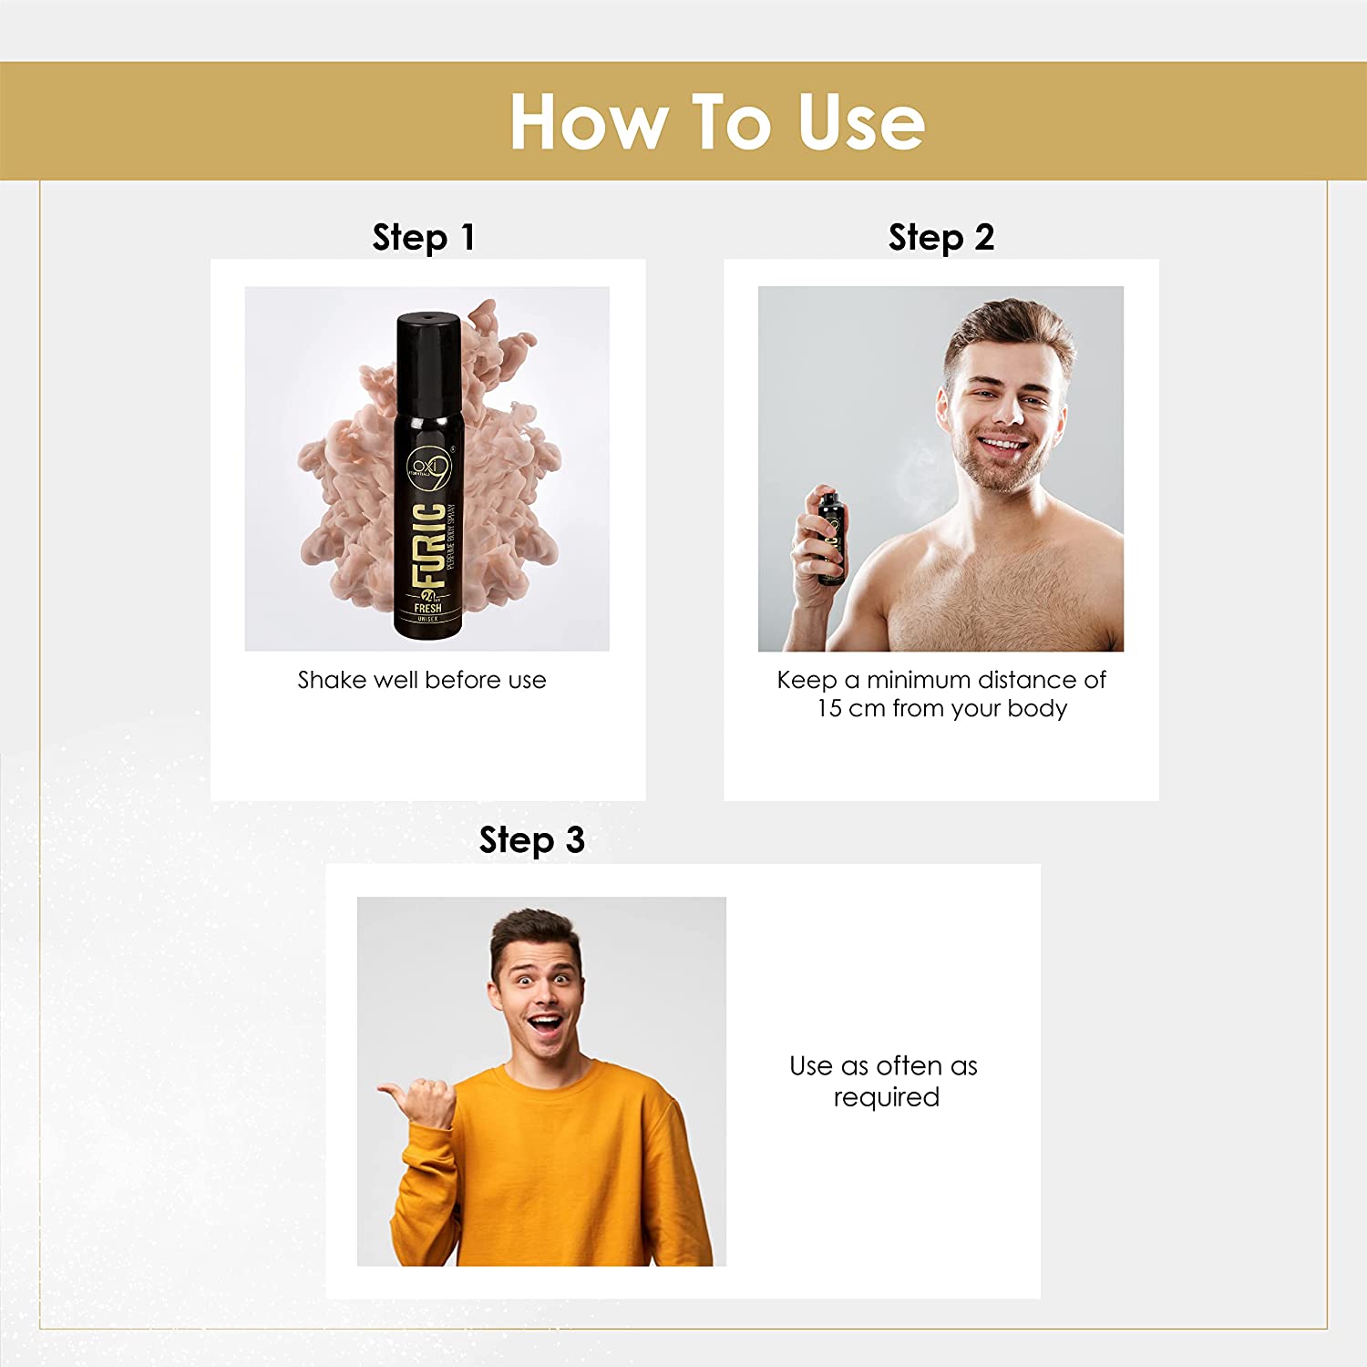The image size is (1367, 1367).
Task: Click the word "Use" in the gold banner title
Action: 861,122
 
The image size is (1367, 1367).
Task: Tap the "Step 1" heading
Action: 423,238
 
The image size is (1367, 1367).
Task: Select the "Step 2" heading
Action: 940,238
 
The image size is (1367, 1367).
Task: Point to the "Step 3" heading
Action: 531,840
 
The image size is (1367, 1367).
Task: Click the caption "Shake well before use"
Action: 422,680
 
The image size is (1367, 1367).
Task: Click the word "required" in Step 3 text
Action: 886,1097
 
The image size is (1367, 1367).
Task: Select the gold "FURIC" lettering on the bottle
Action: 429,544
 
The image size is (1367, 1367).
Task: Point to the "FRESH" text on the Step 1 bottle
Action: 427,608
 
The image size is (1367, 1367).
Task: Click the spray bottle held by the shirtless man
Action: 830,539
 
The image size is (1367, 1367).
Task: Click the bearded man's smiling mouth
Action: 1002,445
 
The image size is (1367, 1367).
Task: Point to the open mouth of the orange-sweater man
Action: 547,1026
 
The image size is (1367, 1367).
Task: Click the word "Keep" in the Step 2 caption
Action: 807,680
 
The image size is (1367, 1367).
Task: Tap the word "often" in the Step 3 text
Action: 909,1065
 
